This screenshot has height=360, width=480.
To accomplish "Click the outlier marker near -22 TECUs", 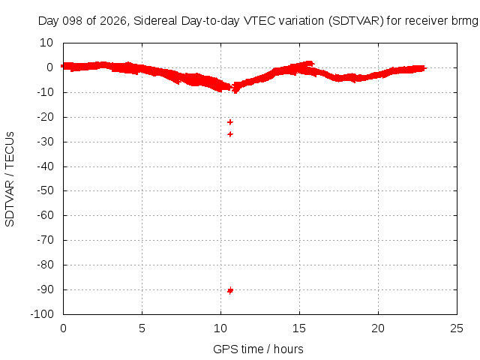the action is pyautogui.click(x=230, y=122).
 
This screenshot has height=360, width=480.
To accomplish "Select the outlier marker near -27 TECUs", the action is pyautogui.click(x=230, y=134).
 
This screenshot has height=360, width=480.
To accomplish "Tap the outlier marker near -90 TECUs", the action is pyautogui.click(x=230, y=290).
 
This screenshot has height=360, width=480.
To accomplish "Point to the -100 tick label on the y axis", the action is pyautogui.click(x=42, y=313).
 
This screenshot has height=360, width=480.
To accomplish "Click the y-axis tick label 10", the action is pyautogui.click(x=46, y=43).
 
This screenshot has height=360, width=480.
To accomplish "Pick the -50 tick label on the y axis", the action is pyautogui.click(x=45, y=190).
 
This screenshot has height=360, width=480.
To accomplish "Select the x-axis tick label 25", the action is pyautogui.click(x=457, y=328).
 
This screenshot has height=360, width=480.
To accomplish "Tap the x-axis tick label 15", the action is pyautogui.click(x=299, y=328).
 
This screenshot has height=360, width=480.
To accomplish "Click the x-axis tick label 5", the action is pyautogui.click(x=142, y=328).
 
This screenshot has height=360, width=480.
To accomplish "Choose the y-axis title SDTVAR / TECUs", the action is pyautogui.click(x=10, y=179).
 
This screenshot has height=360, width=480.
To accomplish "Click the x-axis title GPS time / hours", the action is pyautogui.click(x=258, y=349).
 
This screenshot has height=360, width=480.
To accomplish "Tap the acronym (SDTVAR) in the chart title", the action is pyautogui.click(x=356, y=21).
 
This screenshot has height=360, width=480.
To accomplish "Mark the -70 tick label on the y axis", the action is pyautogui.click(x=45, y=240).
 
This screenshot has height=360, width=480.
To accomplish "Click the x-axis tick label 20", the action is pyautogui.click(x=378, y=328).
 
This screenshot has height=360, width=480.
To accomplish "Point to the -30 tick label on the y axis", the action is pyautogui.click(x=45, y=142).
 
